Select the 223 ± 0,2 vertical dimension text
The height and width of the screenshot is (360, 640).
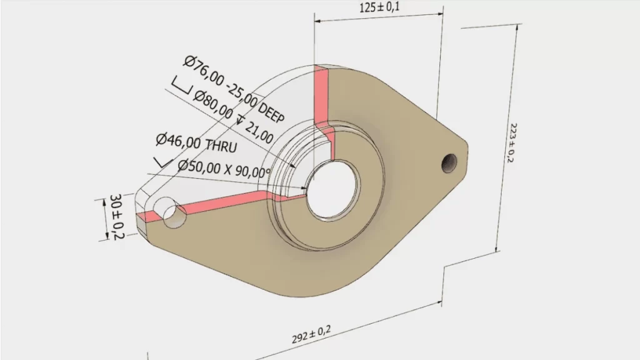pyautogui.click(x=509, y=140)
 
